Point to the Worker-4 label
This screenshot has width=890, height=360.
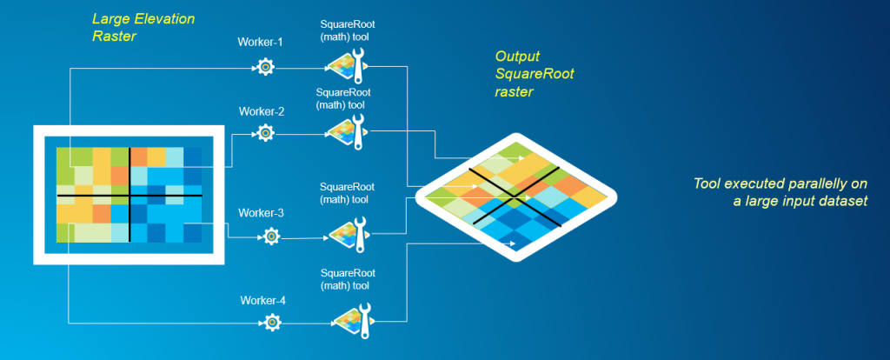point(264,301)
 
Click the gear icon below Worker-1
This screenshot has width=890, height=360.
point(265,65)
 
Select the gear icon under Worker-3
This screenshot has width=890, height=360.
point(271,235)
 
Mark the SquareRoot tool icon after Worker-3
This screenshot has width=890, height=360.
point(343,232)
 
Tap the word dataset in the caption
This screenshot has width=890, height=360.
point(842,202)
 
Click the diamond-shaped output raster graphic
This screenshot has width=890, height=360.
point(516,197)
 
